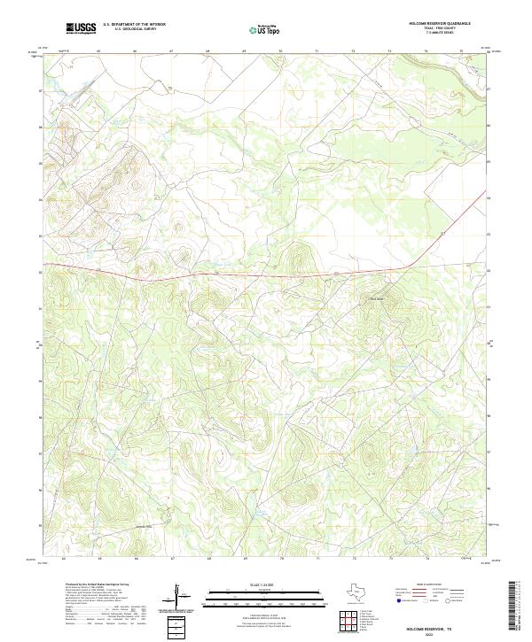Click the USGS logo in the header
point(82,29)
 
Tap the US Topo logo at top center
point(265,30)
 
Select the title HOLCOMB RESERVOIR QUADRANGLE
point(440,24)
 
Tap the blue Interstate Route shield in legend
point(398,599)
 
